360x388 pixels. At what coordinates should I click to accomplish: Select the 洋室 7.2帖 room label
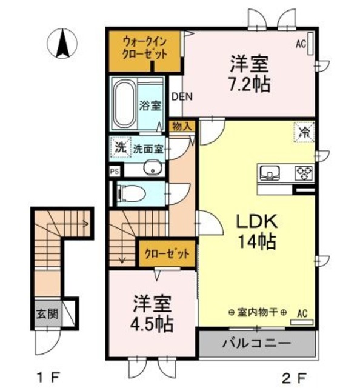pos(249,72)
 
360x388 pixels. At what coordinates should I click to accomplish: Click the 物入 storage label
pos(181,126)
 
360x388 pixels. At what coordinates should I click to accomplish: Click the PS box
pos(115,171)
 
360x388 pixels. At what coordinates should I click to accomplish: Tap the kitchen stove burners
pos(304,173)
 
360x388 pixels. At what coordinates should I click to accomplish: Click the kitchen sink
pos(268,173)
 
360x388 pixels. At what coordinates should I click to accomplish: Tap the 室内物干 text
pos(258,312)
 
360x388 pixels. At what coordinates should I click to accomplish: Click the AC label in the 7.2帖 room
pos(301,44)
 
